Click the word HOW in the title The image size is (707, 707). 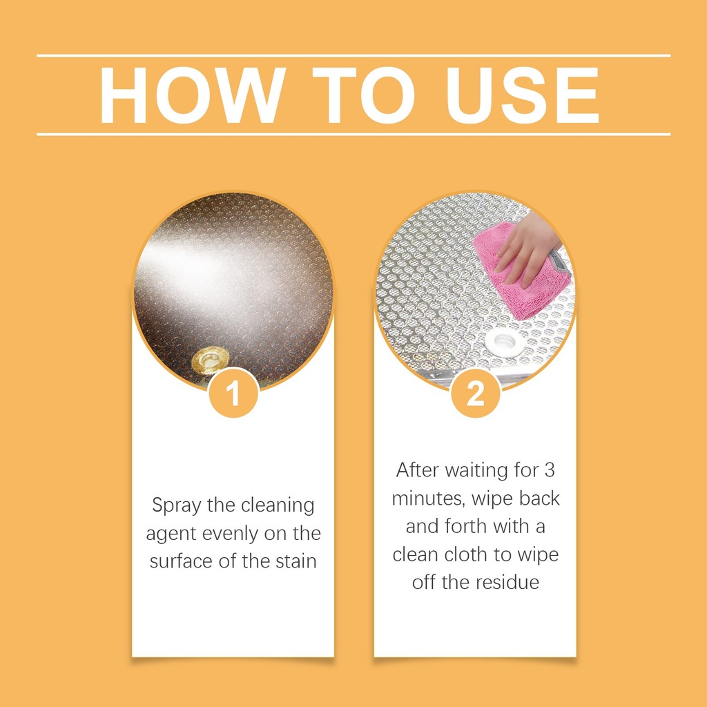[x=193, y=95]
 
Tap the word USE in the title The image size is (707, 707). [x=522, y=95]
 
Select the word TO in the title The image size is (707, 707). [x=363, y=95]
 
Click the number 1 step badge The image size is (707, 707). [x=233, y=393]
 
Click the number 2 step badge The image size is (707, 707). [x=475, y=393]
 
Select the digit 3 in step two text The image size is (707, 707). [x=549, y=470]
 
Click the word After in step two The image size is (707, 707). [x=418, y=470]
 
